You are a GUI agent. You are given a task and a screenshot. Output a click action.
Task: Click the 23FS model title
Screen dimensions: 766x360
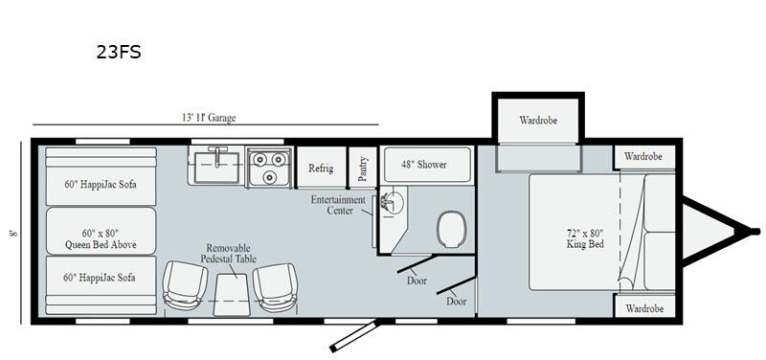pos(118,52)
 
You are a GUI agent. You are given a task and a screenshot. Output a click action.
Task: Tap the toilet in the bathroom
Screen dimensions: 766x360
pos(452,229)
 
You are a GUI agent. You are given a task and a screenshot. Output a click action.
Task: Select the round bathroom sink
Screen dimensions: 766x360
pos(393,202)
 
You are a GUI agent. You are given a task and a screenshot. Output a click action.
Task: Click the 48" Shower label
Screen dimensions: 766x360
pos(423,165)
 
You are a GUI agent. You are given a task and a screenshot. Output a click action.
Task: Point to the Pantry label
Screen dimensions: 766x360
pos(363,169)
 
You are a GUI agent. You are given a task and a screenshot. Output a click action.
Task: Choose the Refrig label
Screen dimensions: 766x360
pos(321,169)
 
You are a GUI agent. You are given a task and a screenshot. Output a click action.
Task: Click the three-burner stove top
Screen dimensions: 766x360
pos(269,168)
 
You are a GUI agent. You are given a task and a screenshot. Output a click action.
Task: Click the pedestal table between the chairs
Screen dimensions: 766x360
pos(232,294)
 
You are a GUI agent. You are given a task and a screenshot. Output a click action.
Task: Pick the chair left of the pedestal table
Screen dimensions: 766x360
pos(184,285)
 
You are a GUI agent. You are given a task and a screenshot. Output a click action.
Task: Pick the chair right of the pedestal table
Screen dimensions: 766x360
pos(275,287)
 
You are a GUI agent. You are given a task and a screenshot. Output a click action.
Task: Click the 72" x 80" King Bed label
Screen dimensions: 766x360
pos(585,238)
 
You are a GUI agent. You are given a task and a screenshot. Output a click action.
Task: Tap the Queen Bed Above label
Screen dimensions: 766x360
pos(101,239)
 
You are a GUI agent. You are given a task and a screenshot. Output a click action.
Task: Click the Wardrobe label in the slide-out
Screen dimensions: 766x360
pos(538,121)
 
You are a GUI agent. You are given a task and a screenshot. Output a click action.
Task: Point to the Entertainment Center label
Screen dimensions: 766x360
pos(338,205)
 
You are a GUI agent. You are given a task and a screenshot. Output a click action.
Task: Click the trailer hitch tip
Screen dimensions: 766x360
pos(755,231)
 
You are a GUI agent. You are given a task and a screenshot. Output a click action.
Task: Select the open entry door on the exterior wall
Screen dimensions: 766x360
pos(354,335)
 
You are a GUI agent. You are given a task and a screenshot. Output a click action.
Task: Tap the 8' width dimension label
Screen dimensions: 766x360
pos(13,233)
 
